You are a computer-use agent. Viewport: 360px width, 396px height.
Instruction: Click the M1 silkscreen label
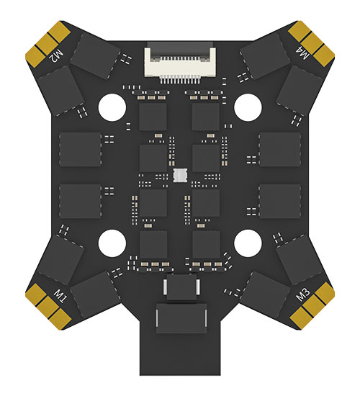61,296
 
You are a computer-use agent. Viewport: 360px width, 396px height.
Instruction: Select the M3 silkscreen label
303,294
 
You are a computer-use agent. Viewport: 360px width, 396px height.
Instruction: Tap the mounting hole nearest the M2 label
112,107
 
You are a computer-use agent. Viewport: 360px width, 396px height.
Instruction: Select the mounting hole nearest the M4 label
248,107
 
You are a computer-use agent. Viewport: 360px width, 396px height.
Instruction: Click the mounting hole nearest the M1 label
112,243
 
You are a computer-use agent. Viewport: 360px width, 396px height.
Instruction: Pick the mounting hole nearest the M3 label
248,243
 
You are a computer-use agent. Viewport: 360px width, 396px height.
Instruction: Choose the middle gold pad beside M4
312,45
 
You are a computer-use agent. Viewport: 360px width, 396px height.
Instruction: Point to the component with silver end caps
181,287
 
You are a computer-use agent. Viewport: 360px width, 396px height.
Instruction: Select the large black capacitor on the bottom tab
181,318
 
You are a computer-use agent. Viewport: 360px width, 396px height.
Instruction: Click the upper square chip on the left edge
80,150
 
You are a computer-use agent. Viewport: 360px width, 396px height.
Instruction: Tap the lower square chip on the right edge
280,202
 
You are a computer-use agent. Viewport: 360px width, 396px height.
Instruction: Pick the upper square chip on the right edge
280,150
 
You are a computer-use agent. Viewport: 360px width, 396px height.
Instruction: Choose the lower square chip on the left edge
80,202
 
